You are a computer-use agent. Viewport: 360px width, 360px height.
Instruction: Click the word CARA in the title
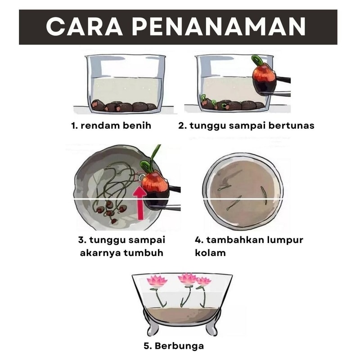tap(84, 27)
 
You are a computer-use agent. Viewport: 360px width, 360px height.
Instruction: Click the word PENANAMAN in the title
tap(219, 27)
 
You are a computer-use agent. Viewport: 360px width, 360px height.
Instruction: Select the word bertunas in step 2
tap(291, 126)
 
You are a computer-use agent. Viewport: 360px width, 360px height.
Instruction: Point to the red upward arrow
tap(139, 203)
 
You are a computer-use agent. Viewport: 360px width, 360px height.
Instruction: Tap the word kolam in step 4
tap(210, 253)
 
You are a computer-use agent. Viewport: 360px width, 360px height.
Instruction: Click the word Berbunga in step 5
tap(179, 346)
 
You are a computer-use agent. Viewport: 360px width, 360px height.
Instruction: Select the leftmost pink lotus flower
tap(157, 281)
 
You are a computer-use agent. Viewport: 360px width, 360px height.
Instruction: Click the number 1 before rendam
tap(74, 126)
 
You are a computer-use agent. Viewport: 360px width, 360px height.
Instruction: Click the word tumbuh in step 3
tap(143, 253)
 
